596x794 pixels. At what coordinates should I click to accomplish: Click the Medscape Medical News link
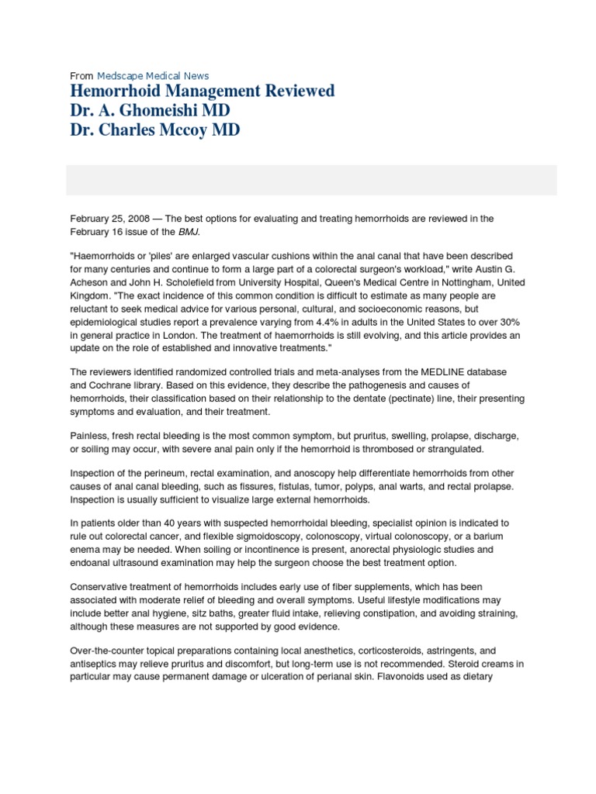pyautogui.click(x=152, y=76)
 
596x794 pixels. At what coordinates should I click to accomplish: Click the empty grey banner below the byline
pyautogui.click(x=310, y=180)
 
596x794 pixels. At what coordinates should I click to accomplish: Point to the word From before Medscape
pyautogui.click(x=81, y=76)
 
